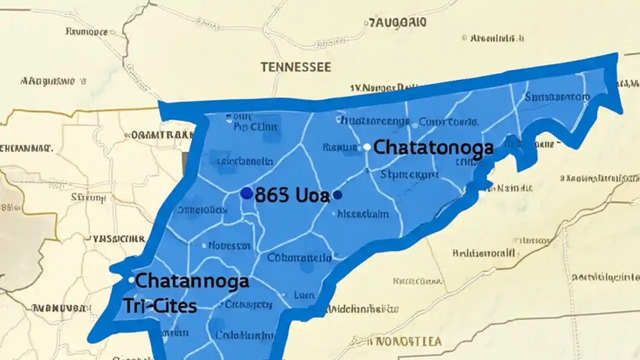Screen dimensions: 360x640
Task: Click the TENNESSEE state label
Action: (295, 67)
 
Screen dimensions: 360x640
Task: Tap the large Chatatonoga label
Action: (433, 147)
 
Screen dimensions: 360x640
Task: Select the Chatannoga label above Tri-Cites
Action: (192, 281)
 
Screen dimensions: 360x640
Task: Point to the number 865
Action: (271, 195)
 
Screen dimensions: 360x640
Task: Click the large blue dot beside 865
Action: (246, 193)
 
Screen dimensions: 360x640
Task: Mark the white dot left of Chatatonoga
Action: (367, 147)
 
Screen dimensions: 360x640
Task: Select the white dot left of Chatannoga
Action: (131, 280)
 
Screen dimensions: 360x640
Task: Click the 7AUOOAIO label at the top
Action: (397, 22)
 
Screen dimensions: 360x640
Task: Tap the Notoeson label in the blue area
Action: (229, 245)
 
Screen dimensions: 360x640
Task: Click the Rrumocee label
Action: (86, 31)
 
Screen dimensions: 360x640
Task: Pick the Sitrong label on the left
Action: (89, 198)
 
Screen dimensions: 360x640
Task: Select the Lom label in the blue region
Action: (304, 295)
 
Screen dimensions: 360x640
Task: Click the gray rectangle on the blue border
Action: (185, 164)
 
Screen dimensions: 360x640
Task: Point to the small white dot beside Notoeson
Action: (204, 246)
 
